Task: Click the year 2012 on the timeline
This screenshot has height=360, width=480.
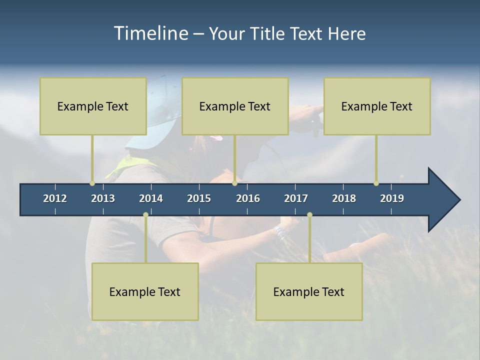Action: pyautogui.click(x=55, y=198)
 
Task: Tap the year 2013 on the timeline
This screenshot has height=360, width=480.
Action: pyautogui.click(x=103, y=198)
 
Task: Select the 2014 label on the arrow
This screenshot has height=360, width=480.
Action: pyautogui.click(x=151, y=198)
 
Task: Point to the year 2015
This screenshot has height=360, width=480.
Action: pyautogui.click(x=199, y=198)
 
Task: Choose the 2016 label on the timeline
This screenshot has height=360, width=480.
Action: pyautogui.click(x=248, y=198)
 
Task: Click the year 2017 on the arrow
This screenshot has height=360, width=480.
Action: pyautogui.click(x=296, y=198)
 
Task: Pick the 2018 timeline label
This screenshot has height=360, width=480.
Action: pyautogui.click(x=344, y=198)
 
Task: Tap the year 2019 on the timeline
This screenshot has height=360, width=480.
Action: pyautogui.click(x=392, y=198)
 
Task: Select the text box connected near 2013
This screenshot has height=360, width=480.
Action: pyautogui.click(x=93, y=106)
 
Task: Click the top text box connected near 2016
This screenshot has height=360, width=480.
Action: pyautogui.click(x=235, y=106)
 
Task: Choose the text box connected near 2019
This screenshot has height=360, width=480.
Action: pyautogui.click(x=377, y=106)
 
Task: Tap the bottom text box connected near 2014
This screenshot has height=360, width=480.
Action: pyautogui.click(x=145, y=291)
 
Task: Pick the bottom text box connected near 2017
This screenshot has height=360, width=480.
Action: pyautogui.click(x=309, y=291)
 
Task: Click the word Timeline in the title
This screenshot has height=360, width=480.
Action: pyautogui.click(x=150, y=33)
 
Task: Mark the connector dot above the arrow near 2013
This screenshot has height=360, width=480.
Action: pyautogui.click(x=92, y=183)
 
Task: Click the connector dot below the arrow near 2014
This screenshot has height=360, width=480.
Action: pyautogui.click(x=145, y=214)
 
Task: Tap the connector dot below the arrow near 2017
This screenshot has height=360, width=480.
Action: pyautogui.click(x=309, y=214)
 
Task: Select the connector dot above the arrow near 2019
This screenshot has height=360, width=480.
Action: pyautogui.click(x=376, y=183)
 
